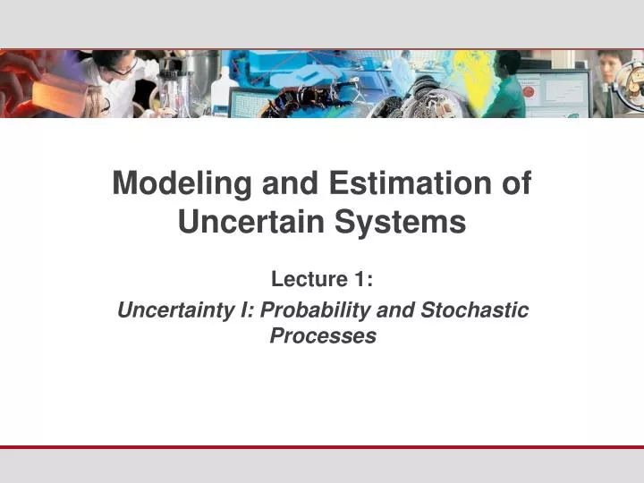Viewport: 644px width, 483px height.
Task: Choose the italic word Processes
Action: coord(322,336)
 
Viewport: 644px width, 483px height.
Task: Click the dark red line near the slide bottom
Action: coord(322,446)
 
